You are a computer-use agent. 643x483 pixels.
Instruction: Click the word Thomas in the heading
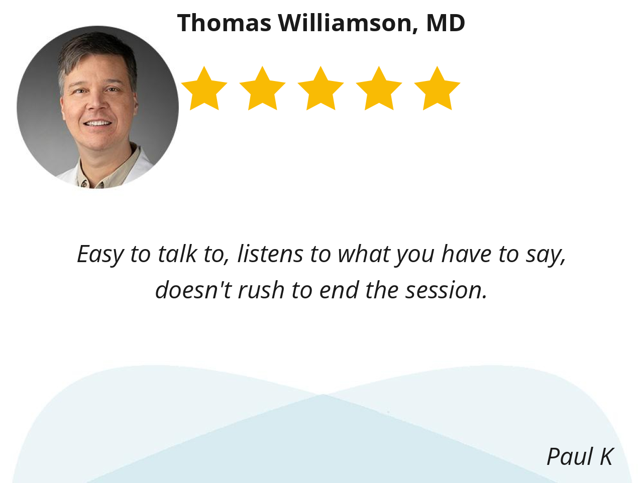(x=224, y=23)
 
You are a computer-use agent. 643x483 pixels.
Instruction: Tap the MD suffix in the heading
(x=446, y=23)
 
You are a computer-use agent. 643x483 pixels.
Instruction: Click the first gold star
(x=204, y=89)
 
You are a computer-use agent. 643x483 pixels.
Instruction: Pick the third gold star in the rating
(x=321, y=89)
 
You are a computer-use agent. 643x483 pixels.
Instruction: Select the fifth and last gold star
(x=437, y=89)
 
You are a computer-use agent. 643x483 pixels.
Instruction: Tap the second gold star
(x=262, y=89)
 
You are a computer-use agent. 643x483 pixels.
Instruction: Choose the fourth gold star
(x=379, y=89)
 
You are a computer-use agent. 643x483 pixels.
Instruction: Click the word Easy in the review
(x=100, y=255)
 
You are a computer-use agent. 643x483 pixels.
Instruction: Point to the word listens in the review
(x=270, y=254)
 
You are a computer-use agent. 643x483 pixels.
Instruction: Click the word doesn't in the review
(x=193, y=290)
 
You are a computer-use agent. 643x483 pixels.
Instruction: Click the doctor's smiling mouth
(x=97, y=123)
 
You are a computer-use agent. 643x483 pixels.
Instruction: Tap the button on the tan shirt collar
(x=84, y=184)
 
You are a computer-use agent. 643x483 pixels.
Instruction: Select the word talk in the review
(x=177, y=254)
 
